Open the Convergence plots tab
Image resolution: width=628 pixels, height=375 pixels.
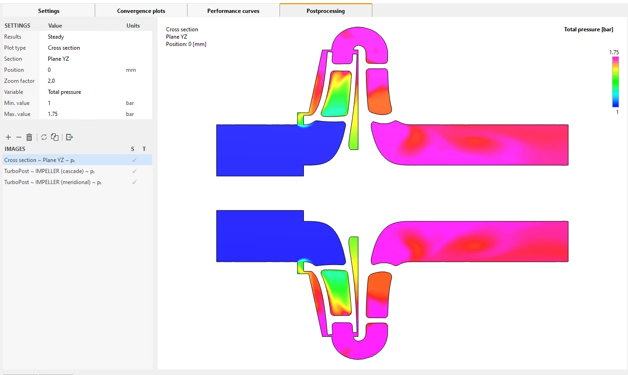(141, 11)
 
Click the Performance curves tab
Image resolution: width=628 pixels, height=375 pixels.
(233, 11)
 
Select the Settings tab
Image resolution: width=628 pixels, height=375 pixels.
(49, 11)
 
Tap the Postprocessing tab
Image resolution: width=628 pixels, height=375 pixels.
(326, 11)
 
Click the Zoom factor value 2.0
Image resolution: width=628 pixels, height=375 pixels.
(51, 81)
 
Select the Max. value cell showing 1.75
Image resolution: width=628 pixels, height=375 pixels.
(53, 114)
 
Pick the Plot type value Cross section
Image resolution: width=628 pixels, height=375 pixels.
(64, 48)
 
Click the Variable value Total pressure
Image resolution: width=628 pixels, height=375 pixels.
(64, 92)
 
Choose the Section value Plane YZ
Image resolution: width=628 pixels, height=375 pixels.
(58, 58)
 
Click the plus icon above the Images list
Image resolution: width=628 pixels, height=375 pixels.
(8, 137)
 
